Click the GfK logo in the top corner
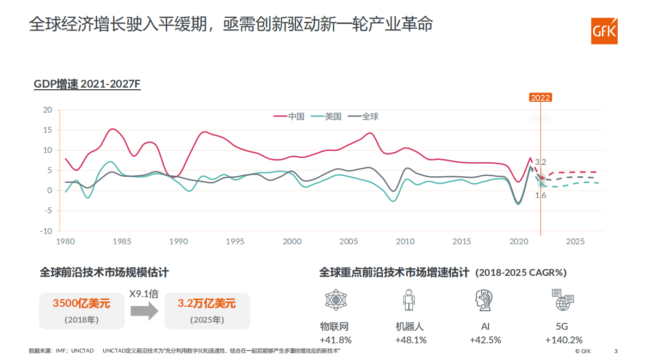[x=604, y=30]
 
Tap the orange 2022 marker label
[x=540, y=97]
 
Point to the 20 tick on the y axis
[x=47, y=110]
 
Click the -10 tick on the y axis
[x=46, y=231]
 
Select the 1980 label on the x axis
[x=65, y=241]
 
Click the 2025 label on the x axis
[x=575, y=241]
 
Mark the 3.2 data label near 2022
[x=540, y=162]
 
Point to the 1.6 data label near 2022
[x=540, y=195]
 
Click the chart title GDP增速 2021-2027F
[x=87, y=84]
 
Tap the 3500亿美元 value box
[x=82, y=311]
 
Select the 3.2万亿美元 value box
[x=207, y=311]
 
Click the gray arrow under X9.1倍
[x=144, y=312]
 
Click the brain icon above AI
[x=484, y=300]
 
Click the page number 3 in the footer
[x=615, y=351]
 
